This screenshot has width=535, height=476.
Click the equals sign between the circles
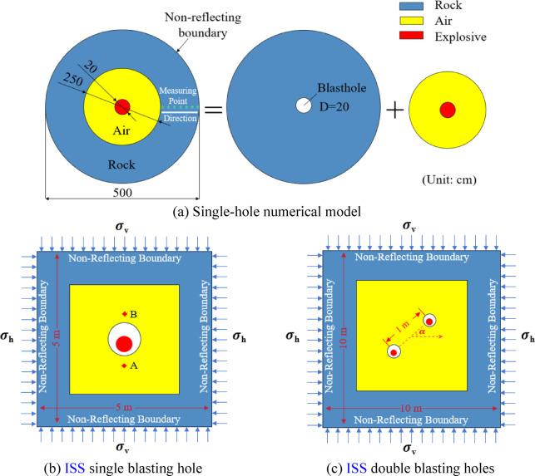point(213,110)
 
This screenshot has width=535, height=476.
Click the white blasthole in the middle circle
point(303,106)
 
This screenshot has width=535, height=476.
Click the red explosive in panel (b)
point(124,344)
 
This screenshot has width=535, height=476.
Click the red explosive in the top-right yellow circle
point(447,110)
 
